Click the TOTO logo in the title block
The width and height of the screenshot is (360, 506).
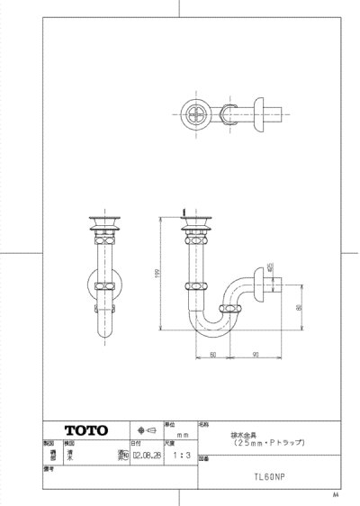click(85, 429)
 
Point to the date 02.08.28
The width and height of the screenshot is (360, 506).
click(145, 456)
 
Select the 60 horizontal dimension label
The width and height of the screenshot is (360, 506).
click(212, 355)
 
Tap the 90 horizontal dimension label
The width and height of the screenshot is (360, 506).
click(256, 355)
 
